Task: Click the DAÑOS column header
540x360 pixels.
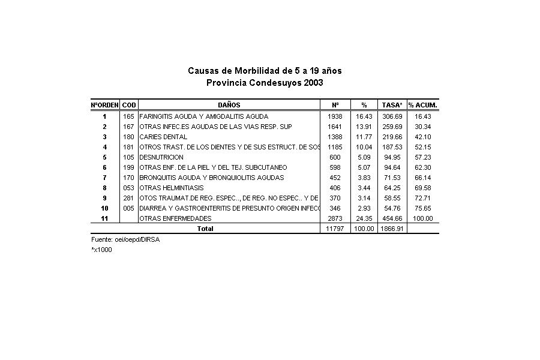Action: pyautogui.click(x=229, y=105)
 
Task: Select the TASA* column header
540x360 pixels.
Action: pyautogui.click(x=391, y=105)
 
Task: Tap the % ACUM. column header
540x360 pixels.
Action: pyautogui.click(x=422, y=105)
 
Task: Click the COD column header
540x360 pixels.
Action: pyautogui.click(x=129, y=105)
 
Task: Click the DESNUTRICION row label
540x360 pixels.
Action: pyautogui.click(x=161, y=157)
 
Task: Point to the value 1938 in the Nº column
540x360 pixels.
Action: pyautogui.click(x=335, y=116)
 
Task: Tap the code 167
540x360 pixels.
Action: pyautogui.click(x=129, y=127)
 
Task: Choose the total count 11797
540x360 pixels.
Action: pyautogui.click(x=335, y=229)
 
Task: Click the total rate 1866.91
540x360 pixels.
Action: pyautogui.click(x=391, y=229)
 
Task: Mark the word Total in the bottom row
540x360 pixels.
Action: pyautogui.click(x=205, y=229)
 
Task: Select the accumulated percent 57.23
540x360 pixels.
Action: pyautogui.click(x=423, y=157)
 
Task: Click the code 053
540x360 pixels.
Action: pyautogui.click(x=129, y=188)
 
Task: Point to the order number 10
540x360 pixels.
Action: pyautogui.click(x=104, y=208)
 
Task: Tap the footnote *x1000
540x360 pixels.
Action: pyautogui.click(x=101, y=250)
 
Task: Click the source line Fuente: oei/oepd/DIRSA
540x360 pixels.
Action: pyautogui.click(x=125, y=239)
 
